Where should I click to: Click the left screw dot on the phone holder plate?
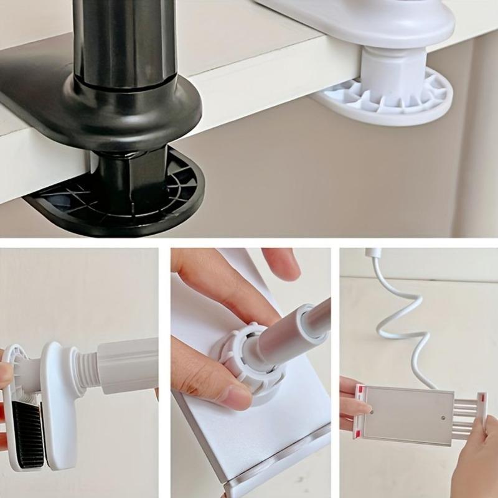click(x=372, y=411)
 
